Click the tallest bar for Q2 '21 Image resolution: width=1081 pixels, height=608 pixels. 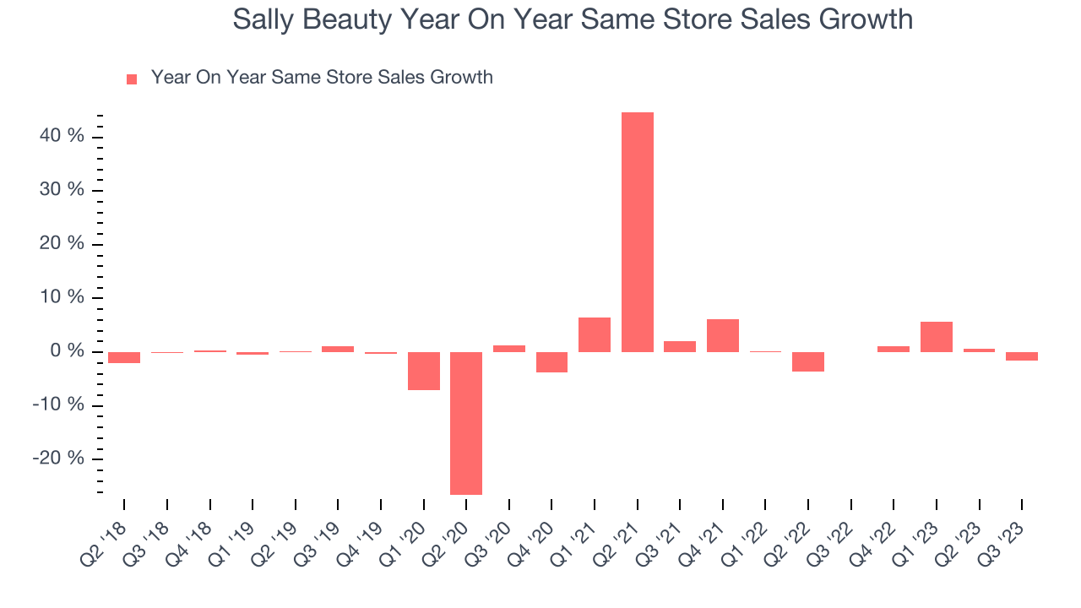tap(638, 232)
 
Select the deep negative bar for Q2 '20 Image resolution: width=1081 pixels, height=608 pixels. tap(466, 423)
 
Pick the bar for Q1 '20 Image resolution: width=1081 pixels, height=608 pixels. tap(423, 371)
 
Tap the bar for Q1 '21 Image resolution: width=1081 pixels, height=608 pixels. tap(595, 334)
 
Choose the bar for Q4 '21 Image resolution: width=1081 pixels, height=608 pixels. tap(723, 335)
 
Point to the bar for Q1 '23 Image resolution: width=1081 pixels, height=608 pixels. tap(937, 337)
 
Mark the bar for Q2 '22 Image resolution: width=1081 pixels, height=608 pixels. tap(808, 361)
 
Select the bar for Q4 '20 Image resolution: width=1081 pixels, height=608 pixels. tap(551, 362)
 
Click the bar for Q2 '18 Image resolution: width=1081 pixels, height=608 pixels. tap(124, 357)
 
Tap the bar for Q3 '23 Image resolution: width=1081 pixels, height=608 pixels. tap(1022, 356)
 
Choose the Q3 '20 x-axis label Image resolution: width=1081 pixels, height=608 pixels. tap(491, 536)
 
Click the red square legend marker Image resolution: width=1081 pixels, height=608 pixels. tap(131, 79)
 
